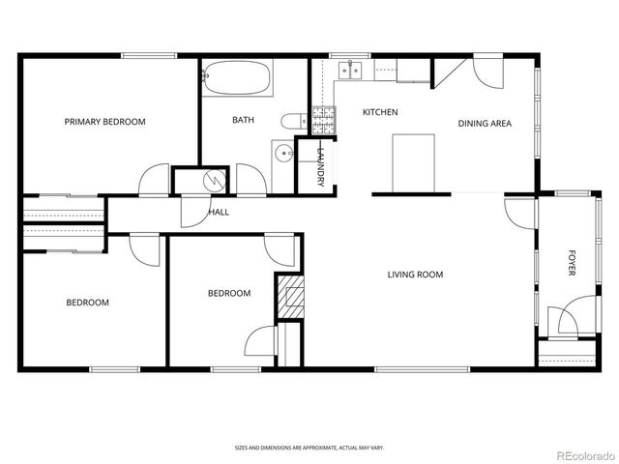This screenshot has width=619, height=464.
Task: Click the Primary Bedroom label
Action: (x=104, y=122)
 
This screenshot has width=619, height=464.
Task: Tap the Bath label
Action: (x=243, y=121)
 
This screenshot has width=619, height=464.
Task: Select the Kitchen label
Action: (x=380, y=112)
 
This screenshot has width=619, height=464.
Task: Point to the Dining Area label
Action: (x=485, y=123)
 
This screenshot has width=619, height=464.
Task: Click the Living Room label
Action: (x=415, y=275)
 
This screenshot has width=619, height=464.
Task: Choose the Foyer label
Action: (x=571, y=264)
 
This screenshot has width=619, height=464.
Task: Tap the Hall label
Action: (x=219, y=212)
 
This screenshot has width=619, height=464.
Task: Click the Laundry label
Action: (x=320, y=165)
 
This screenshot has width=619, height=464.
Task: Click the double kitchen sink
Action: (x=350, y=69)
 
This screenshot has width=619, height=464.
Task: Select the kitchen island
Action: (x=413, y=163)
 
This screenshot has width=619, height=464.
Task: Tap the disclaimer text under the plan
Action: (x=309, y=448)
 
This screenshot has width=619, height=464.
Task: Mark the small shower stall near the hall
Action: (x=215, y=180)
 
